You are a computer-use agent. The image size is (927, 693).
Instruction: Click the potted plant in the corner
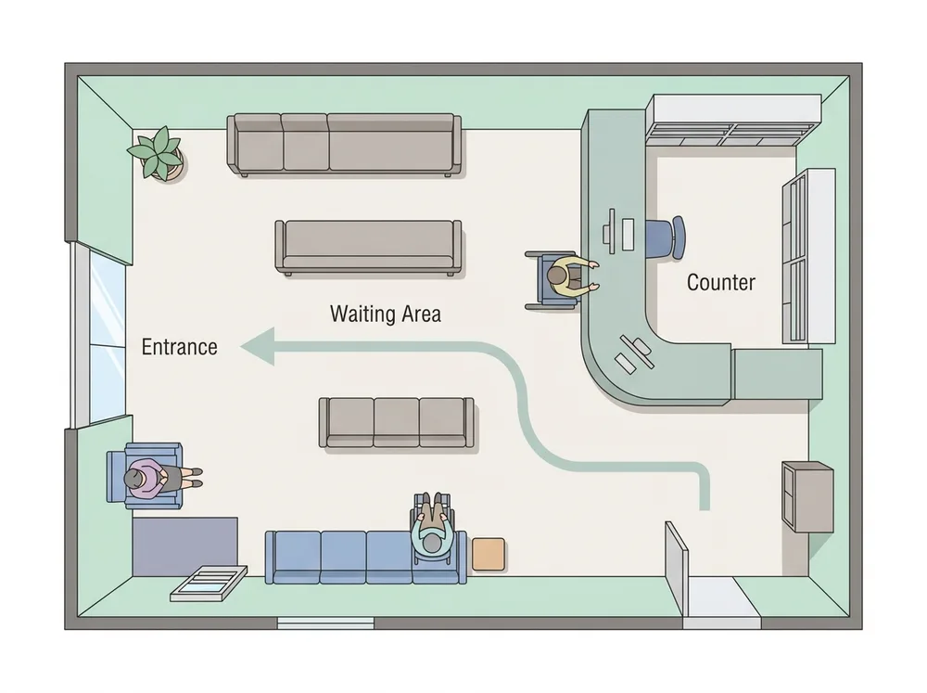click(158, 153)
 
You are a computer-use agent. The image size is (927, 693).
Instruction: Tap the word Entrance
click(179, 347)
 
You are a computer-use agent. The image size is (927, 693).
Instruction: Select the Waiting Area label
click(386, 314)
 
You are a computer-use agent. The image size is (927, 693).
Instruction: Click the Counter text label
click(720, 282)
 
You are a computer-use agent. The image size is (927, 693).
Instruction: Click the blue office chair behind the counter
click(667, 237)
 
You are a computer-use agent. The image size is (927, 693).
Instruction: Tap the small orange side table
click(489, 555)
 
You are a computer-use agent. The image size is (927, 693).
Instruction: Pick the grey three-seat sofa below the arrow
click(396, 422)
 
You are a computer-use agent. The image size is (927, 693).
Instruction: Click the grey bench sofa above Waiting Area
click(368, 248)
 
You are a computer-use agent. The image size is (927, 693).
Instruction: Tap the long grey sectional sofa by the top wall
click(344, 145)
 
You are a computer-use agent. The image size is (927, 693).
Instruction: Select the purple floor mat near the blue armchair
click(185, 545)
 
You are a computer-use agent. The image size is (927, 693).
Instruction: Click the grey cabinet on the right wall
click(807, 496)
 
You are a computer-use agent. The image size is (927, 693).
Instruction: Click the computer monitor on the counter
click(610, 231)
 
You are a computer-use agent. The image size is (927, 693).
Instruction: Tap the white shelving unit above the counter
click(733, 120)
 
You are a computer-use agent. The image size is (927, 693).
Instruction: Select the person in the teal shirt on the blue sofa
click(435, 528)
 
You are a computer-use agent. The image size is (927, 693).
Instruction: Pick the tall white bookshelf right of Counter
click(808, 256)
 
